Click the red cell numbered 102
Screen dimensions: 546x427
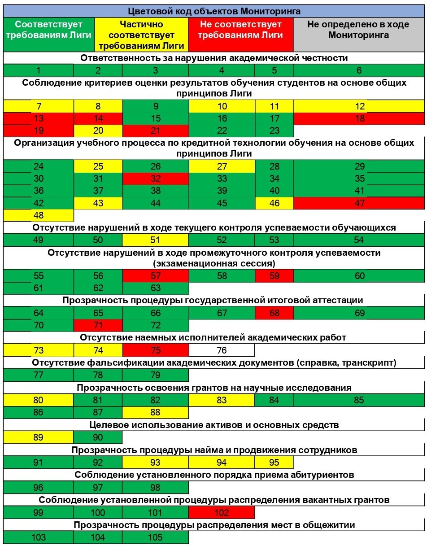222,512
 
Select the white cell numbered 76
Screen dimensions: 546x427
222,350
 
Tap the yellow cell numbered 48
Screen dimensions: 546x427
39,215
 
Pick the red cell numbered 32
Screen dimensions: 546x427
155,179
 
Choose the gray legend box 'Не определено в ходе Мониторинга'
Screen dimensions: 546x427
358,30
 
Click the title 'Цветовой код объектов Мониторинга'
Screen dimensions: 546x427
214,11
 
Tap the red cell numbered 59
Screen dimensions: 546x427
274,276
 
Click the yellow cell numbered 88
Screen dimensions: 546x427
155,413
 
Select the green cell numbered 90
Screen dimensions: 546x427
98,437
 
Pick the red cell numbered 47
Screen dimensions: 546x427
359,203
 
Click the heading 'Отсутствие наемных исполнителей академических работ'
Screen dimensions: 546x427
213,337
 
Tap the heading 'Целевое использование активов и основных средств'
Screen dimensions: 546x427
213,424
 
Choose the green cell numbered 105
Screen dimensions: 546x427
155,537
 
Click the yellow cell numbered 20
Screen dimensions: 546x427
98,131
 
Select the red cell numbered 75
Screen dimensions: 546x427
155,350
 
